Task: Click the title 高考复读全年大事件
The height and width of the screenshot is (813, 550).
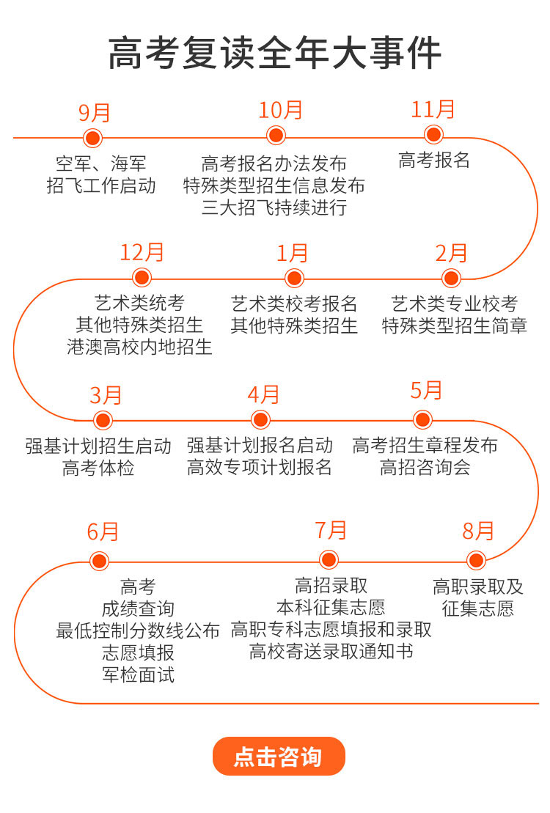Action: pos(274,53)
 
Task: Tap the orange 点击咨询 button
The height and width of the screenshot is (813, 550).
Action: pos(279,756)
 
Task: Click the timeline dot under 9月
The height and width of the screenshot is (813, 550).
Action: pos(93,138)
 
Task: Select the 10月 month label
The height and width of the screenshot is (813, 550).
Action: pos(280,111)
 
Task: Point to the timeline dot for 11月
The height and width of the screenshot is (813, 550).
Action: pos(433,135)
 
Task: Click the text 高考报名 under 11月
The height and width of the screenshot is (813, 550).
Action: pos(434,161)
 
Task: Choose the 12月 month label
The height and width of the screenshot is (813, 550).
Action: pos(142,252)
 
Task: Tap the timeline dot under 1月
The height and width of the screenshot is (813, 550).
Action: pos(294,278)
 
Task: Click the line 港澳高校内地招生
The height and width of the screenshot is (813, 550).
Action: pos(139,347)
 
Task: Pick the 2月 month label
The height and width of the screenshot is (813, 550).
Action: pos(451,253)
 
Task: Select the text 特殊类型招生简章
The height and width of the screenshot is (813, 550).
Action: pos(455,325)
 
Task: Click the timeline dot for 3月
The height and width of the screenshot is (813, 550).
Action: pos(103,420)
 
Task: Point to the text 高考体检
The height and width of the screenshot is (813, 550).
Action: pos(98,468)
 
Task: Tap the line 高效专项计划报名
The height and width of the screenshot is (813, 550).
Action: pos(260,467)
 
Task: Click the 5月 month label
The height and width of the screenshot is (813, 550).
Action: pos(426,391)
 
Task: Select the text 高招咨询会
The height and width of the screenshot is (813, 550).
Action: pos(425,467)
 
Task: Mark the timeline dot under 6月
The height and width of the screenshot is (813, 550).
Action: pos(99,561)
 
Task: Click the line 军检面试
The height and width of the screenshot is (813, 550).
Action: pos(138,675)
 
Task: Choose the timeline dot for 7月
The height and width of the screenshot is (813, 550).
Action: pos(329,560)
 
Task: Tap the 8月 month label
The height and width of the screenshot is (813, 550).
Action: pos(478,531)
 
